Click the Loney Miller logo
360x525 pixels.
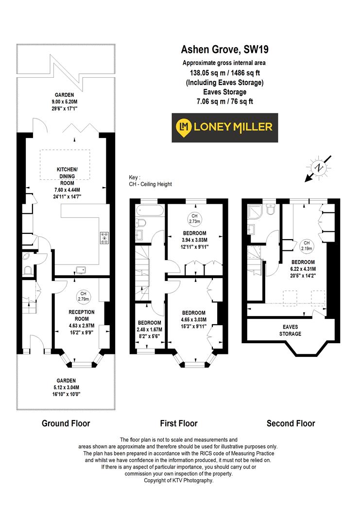(x=225, y=127)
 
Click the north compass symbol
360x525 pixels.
(x=319, y=168)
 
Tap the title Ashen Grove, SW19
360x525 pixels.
(x=225, y=49)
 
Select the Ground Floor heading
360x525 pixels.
(x=66, y=423)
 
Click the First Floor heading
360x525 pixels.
(x=179, y=423)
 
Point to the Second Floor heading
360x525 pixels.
(x=291, y=423)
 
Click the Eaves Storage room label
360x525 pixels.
(x=291, y=331)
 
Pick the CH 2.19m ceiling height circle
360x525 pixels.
(x=306, y=245)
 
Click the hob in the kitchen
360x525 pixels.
(x=104, y=238)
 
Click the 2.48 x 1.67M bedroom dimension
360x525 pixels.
(x=149, y=329)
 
